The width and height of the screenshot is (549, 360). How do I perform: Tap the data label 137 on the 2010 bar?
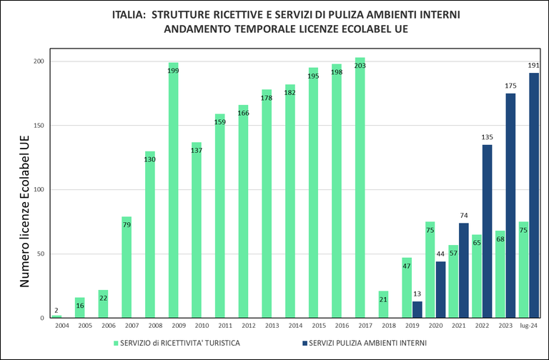[x=197, y=151]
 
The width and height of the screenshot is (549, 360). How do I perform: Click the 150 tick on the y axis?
[x=39, y=126]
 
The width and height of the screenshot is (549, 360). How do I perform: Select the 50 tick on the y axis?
[x=41, y=254]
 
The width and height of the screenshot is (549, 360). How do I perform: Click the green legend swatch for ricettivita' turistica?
[x=116, y=342]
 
